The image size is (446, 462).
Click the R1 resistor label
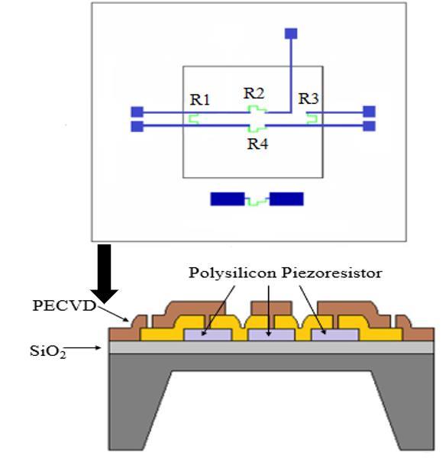tap(200, 99)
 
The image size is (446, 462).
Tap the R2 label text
tap(254, 93)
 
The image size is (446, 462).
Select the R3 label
tap(309, 99)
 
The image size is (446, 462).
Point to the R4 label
tap(258, 144)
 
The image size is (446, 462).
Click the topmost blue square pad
tap(291, 34)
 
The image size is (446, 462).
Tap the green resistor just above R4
tap(257, 128)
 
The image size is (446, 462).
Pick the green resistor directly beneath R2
tap(257, 109)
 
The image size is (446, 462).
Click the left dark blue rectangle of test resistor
tap(227, 199)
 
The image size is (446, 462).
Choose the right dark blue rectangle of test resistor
tap(286, 199)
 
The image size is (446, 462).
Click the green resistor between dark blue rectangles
tap(257, 201)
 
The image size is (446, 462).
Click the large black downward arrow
tap(105, 273)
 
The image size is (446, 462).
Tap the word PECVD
tap(64, 305)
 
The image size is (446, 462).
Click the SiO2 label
tap(48, 351)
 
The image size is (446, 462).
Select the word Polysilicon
tap(232, 273)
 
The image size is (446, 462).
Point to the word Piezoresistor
tap(332, 273)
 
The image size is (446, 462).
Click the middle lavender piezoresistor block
tap(271, 335)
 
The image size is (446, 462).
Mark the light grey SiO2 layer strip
tap(271, 347)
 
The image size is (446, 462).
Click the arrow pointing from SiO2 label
tap(83, 348)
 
